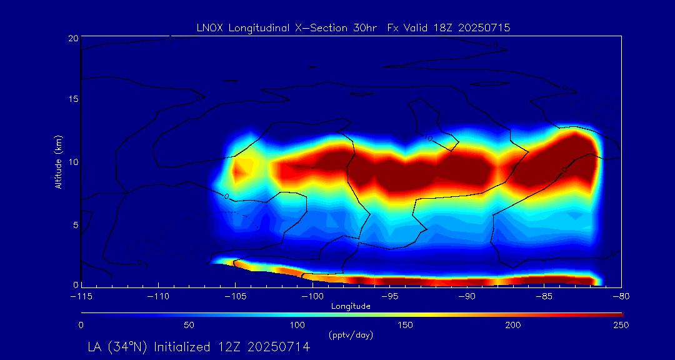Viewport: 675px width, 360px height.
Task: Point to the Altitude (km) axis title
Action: coord(58,161)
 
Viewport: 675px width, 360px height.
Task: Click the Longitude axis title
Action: coord(351,306)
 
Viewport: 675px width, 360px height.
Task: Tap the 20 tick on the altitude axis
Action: coord(73,38)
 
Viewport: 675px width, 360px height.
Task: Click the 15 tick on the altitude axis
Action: coord(73,99)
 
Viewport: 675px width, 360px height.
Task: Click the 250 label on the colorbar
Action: coord(621,325)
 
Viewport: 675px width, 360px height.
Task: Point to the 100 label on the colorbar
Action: coord(297,325)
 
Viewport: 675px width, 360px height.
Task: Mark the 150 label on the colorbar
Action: coord(406,325)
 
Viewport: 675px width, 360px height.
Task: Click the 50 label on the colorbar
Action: coord(189,325)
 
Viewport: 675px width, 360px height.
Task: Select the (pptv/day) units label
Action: coord(351,336)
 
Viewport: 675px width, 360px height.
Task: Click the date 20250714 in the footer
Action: coord(280,347)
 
